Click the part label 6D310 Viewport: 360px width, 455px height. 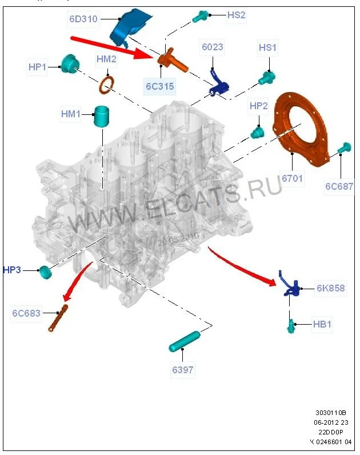tap(83, 19)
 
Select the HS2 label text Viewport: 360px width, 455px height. tap(236, 15)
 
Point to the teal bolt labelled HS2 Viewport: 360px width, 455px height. tap(202, 17)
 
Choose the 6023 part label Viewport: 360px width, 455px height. tap(212, 47)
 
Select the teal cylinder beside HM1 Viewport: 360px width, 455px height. tap(102, 117)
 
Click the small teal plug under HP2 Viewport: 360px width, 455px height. tap(257, 133)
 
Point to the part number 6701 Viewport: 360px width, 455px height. tap(293, 178)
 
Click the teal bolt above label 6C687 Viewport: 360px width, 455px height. tap(343, 149)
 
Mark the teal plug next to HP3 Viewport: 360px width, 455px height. tap(45, 272)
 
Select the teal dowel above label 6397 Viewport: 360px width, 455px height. tap(183, 341)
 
